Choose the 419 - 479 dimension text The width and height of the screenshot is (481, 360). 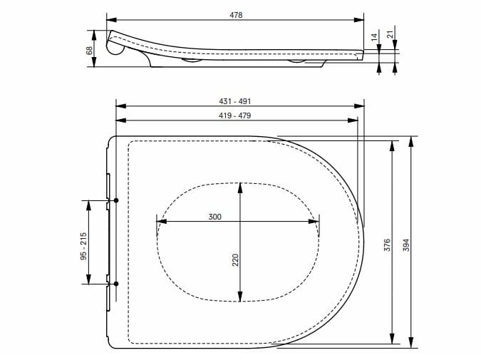[x=235, y=115]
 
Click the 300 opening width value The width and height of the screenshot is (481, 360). [x=214, y=217]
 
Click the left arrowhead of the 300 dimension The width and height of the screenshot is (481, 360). [x=159, y=223]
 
